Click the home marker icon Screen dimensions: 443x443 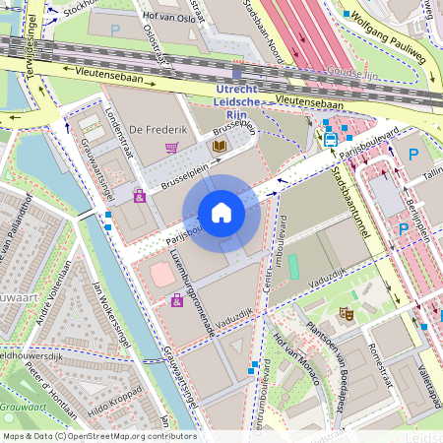pos(221,213)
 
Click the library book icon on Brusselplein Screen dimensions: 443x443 pos(219,147)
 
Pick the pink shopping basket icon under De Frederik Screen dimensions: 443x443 pos(172,149)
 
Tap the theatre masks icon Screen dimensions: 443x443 pos(346,314)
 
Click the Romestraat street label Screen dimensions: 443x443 pos(380,366)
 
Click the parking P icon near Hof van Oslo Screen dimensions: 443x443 pos(115,31)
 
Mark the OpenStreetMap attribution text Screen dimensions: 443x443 pos(98,436)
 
